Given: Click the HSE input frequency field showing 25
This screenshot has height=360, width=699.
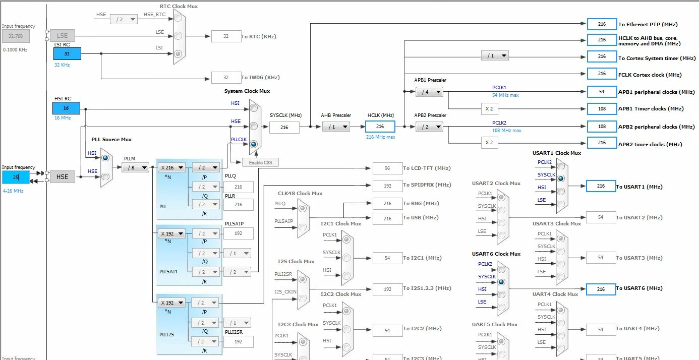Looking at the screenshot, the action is [16, 177].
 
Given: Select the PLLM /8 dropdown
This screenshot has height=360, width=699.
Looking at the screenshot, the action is [135, 167].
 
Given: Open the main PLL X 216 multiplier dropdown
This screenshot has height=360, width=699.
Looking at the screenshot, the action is [171, 167].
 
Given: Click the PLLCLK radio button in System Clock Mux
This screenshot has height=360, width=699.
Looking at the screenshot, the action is [254, 144].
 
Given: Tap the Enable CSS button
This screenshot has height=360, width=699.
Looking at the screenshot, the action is [260, 162].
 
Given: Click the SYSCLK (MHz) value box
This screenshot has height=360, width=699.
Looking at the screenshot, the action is [284, 127].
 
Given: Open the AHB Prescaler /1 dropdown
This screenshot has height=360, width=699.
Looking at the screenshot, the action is [336, 127].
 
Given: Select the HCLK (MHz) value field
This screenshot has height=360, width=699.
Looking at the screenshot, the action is [380, 127].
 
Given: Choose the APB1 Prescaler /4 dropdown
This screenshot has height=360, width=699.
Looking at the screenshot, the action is [429, 92].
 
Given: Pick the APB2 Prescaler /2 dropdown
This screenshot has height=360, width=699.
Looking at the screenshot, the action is [429, 127].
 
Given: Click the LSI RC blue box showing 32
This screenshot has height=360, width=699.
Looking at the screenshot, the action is [67, 53].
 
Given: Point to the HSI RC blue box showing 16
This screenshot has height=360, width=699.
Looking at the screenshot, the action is [66, 108].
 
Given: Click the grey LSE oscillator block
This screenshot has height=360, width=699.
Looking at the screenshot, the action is [62, 36].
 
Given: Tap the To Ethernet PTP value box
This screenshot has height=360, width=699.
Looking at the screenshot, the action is [602, 24].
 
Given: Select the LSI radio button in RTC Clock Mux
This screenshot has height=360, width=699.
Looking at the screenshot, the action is [178, 54].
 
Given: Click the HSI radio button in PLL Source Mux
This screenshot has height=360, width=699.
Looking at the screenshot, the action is [105, 158].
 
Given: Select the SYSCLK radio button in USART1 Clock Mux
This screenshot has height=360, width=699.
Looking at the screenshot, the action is [561, 178].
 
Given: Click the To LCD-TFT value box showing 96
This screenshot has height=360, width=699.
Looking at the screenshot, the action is [387, 168].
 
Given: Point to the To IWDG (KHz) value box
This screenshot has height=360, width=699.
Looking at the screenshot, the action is [226, 77].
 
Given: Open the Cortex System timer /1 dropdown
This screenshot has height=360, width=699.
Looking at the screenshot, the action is [495, 56].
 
